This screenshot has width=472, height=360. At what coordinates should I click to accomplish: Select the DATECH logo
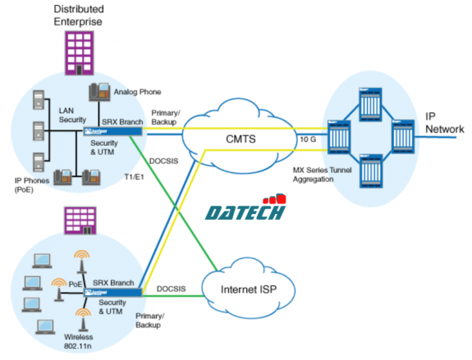click(246, 210)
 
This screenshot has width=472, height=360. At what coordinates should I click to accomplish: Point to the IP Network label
click(444, 123)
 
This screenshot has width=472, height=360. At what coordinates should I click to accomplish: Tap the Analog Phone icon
click(102, 91)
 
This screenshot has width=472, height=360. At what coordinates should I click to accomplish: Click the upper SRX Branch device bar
click(114, 130)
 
